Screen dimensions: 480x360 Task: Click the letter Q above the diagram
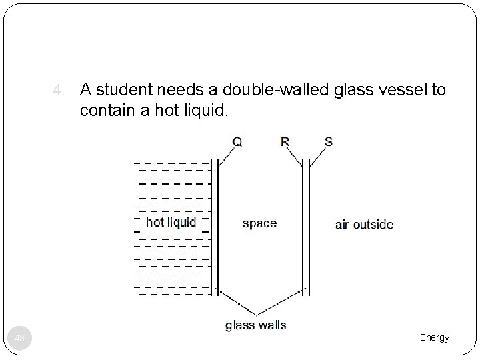[x=236, y=141]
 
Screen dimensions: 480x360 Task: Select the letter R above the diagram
[x=285, y=141]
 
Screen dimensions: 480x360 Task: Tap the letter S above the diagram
[x=328, y=141]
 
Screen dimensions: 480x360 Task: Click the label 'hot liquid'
[x=171, y=222]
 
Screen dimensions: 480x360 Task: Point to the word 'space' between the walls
[x=259, y=223]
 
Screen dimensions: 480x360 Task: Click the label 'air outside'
[x=364, y=224]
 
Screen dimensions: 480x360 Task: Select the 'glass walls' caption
[x=256, y=325]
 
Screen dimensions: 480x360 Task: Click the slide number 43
[x=20, y=339]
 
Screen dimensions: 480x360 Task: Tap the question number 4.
[x=58, y=90]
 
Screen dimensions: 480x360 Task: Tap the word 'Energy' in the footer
[x=435, y=338]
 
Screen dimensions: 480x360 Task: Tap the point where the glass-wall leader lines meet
[x=258, y=313]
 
